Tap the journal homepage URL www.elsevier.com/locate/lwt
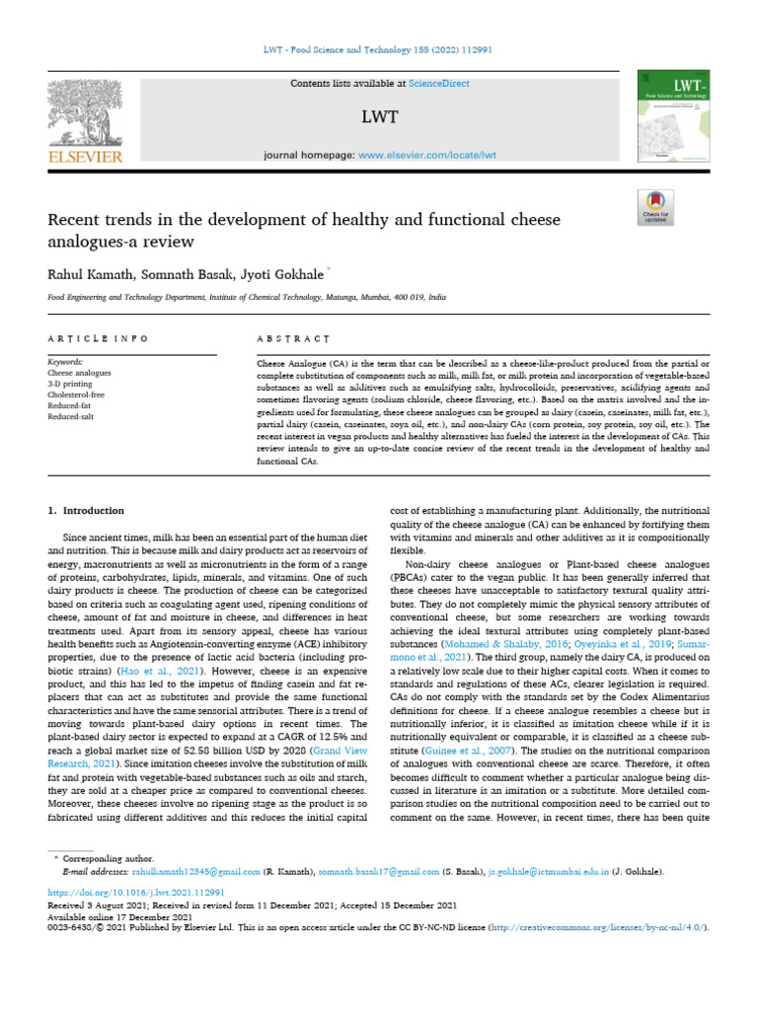[x=426, y=156]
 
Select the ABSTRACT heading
[x=293, y=338]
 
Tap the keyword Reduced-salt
[x=70, y=417]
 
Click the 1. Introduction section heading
[x=87, y=511]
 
